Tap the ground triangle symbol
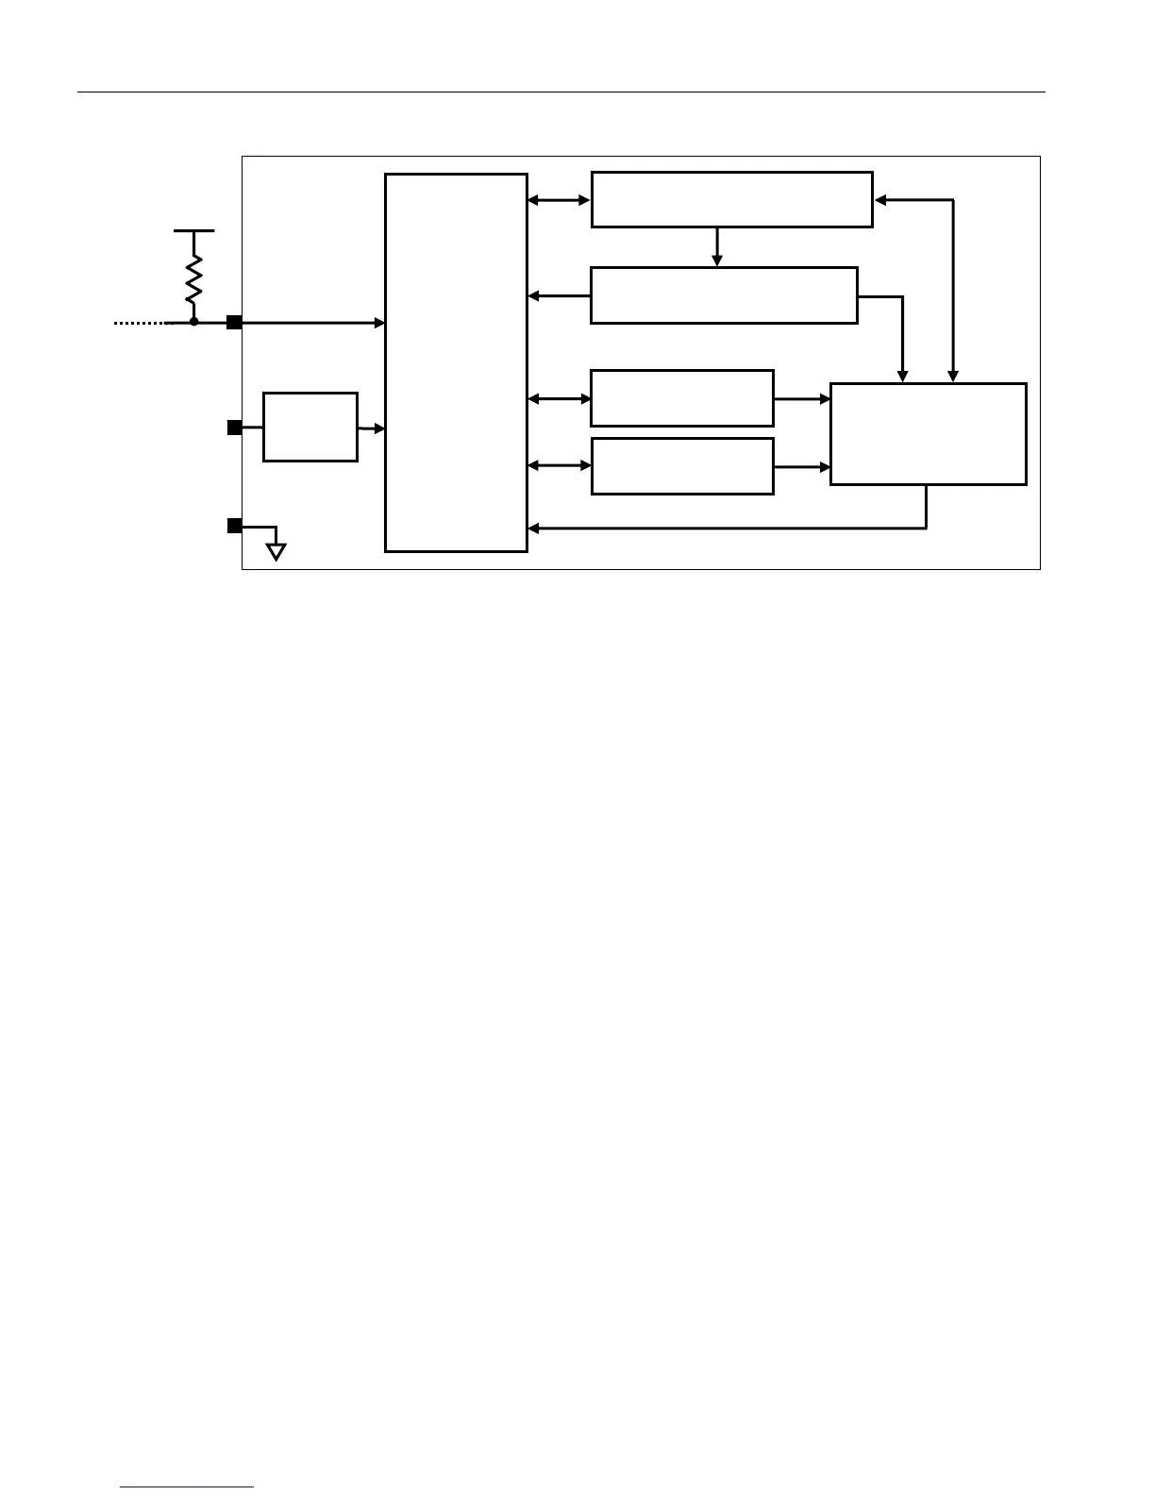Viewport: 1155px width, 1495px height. point(276,551)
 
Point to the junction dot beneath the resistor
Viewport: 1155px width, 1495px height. point(194,322)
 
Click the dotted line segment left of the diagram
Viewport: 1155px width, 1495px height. point(139,323)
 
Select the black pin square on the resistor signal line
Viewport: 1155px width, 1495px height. point(234,323)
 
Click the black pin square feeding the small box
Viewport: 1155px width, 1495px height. point(234,428)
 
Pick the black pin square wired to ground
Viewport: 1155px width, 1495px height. point(234,526)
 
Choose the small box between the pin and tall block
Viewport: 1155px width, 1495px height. point(310,427)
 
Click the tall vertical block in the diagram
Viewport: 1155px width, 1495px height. point(456,362)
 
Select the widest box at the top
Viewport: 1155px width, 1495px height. point(731,199)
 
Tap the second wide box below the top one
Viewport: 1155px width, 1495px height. point(724,295)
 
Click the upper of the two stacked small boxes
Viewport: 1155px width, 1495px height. point(681,398)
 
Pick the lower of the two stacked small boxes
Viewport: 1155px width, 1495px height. point(681,465)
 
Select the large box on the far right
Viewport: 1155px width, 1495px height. point(928,434)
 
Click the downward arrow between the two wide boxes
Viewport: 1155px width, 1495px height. point(717,246)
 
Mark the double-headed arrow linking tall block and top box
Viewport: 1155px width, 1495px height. point(559,200)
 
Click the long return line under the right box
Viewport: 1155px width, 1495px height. point(727,528)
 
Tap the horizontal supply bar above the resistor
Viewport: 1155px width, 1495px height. point(194,229)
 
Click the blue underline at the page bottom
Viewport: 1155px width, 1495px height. point(187,1487)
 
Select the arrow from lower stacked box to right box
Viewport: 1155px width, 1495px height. point(801,466)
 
